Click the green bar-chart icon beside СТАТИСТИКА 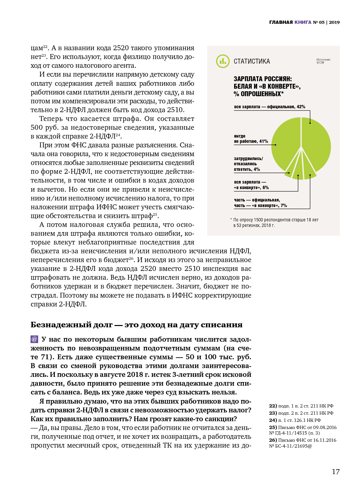[x=223, y=61]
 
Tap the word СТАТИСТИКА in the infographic [x=252, y=61]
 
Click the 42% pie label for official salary [x=269, y=107]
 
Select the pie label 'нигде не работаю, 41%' [x=251, y=139]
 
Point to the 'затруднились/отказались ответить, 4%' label [x=248, y=164]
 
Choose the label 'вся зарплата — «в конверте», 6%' [x=251, y=185]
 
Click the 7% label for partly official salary [x=260, y=203]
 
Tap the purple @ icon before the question [x=34, y=339]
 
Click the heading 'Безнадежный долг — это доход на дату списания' [x=136, y=325]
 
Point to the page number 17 [x=336, y=471]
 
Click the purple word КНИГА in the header [x=303, y=22]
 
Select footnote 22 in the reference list [x=301, y=406]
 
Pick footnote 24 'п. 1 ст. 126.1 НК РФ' [x=295, y=420]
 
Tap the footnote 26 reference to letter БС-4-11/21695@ [x=302, y=443]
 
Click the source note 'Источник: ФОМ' [x=323, y=61]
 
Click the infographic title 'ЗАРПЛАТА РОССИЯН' [x=262, y=79]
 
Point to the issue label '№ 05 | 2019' [x=326, y=22]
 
